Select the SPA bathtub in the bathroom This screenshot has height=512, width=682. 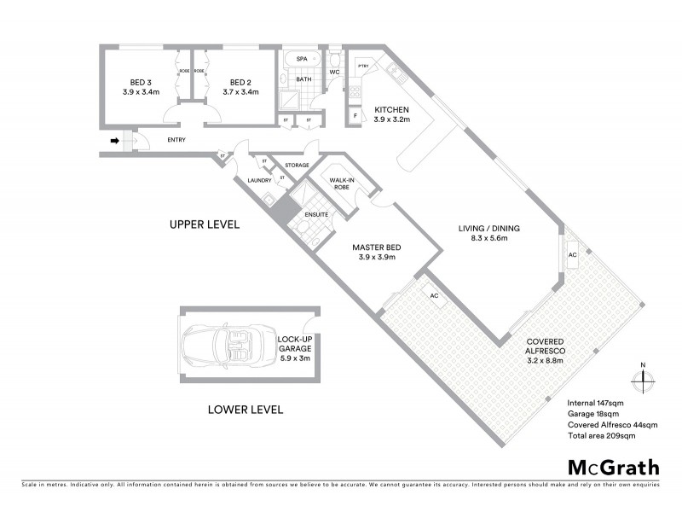303,60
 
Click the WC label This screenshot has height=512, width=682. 335,73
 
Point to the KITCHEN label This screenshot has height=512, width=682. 392,110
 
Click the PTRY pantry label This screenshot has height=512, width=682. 362,66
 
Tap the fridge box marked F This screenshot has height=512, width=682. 355,114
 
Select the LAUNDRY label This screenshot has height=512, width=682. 258,180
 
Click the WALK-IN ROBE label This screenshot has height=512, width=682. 342,183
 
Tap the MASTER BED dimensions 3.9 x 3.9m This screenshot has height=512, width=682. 377,257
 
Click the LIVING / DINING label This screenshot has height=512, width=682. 488,228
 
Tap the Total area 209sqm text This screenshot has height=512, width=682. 602,435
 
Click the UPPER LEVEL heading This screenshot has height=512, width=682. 205,225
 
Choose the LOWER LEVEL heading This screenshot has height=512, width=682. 246,410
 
